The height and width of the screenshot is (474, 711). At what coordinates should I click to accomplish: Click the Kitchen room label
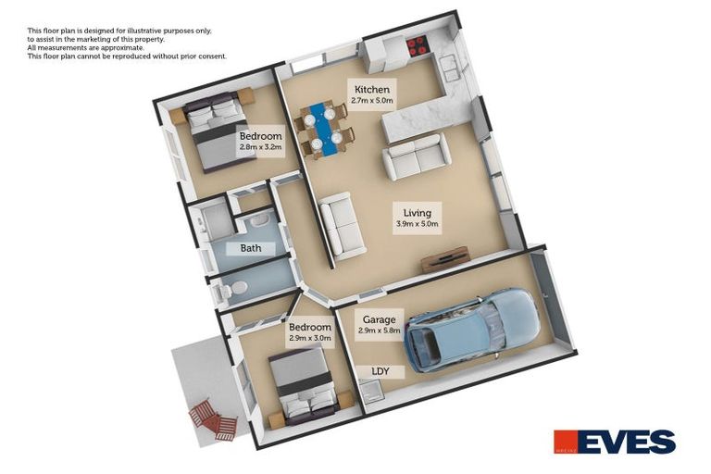371,90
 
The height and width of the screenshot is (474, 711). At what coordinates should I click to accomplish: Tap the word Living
416,212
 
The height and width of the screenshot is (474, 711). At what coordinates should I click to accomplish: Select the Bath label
251,248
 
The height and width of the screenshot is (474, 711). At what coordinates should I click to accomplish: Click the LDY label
380,371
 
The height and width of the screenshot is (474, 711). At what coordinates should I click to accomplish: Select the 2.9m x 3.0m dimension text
309,339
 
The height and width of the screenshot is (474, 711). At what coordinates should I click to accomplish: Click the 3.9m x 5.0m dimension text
416,224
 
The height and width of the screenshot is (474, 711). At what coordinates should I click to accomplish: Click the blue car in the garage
472,329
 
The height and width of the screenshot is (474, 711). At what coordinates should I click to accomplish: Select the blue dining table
320,128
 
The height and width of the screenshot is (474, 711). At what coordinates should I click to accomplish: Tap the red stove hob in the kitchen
416,44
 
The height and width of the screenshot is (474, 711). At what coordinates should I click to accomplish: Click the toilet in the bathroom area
231,290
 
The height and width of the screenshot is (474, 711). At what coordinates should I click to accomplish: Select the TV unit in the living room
445,260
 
